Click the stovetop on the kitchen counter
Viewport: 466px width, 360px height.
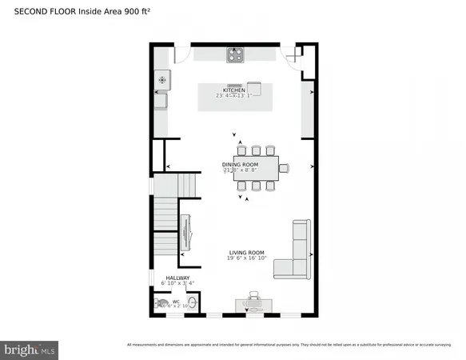point(235,55)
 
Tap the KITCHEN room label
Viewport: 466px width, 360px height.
point(233,90)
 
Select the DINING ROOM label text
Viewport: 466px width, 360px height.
point(240,165)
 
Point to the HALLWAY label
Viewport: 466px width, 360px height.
point(177,278)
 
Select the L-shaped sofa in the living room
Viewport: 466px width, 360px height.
point(294,256)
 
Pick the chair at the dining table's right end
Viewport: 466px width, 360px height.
point(285,168)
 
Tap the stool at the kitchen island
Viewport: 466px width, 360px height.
point(254,87)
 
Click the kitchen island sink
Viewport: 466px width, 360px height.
point(234,83)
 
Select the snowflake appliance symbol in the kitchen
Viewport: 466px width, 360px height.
point(162,79)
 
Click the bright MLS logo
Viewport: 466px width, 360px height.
point(30,349)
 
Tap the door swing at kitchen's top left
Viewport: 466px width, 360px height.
point(183,54)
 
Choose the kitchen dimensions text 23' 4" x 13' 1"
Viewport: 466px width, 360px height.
point(233,96)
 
